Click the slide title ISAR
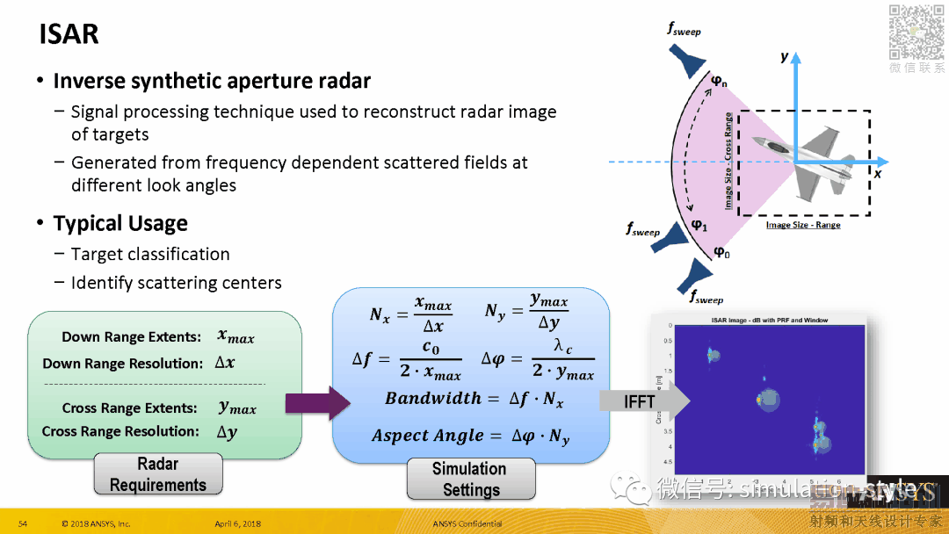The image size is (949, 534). point(69,34)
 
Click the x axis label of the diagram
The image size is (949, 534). point(877,174)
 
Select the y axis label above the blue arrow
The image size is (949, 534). point(785,56)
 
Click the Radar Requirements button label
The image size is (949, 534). point(158,474)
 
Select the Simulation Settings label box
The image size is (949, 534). point(470,480)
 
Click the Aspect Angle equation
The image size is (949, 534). point(471,437)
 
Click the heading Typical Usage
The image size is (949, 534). point(120,223)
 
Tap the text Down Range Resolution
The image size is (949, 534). point(123,364)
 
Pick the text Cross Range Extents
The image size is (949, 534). point(129,408)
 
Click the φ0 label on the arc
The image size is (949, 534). point(721,253)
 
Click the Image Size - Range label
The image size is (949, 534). point(803,226)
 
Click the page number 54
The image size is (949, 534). point(23,524)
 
